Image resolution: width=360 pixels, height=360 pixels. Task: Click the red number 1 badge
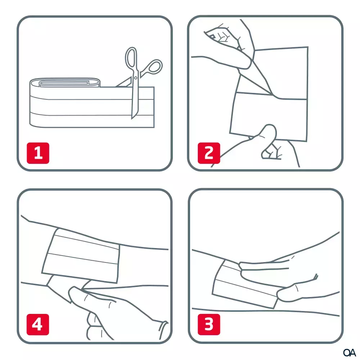coord(38,153)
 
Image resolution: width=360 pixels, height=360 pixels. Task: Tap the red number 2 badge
coord(209,153)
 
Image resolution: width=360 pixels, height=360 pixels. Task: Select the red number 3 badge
coord(209,324)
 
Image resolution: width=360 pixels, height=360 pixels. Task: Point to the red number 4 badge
coord(38,324)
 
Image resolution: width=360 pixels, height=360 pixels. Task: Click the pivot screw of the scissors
coord(135,78)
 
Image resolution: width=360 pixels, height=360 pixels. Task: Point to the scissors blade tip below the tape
coord(132,118)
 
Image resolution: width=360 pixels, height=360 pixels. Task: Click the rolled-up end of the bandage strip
coord(65,83)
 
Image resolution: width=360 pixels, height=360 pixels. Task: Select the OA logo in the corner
coord(349,352)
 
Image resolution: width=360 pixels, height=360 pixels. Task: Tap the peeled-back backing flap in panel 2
coord(255,80)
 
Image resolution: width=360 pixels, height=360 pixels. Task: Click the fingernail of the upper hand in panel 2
coord(213,37)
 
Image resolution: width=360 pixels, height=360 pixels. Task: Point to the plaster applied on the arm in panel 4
coord(81,256)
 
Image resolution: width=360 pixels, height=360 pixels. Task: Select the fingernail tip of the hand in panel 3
coord(316,276)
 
